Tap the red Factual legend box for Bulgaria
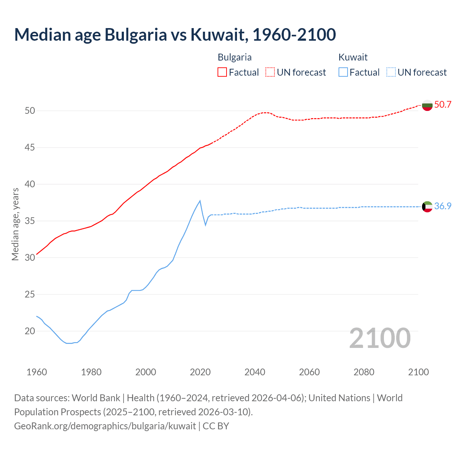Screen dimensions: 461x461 pos(222,72)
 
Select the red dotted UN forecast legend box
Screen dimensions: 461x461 pos(270,72)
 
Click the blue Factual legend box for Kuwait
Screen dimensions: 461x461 pos(343,72)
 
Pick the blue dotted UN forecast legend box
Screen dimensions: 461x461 pos(391,72)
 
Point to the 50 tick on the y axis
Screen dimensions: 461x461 pos(30,111)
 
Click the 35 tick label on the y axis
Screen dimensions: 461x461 pos(30,221)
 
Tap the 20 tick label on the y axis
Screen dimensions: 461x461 pos(30,331)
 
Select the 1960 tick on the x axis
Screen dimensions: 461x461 pos(37,372)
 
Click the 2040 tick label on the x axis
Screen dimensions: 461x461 pos(255,372)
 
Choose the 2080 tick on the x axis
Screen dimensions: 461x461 pos(364,372)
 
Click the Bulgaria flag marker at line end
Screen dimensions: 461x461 pos(427,105)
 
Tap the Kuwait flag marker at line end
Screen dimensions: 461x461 pos(427,207)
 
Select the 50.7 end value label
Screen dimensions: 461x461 pos(443,105)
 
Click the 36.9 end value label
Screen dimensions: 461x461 pos(443,206)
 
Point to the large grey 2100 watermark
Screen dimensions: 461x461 pos(380,338)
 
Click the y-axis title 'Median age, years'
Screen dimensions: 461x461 pos(15,224)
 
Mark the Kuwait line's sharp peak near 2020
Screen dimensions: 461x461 pos(200,201)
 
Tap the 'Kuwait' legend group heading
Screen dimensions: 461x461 pos(353,57)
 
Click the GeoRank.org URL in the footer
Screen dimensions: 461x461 pos(105,426)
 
